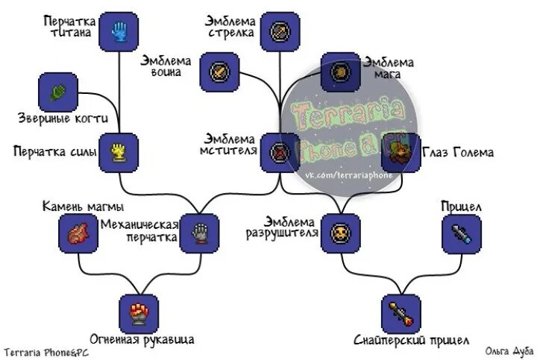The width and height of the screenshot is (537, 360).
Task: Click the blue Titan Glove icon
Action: [x=119, y=31]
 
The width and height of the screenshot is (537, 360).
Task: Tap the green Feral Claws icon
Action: [x=57, y=92]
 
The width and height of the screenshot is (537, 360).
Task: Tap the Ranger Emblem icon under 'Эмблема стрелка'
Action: [x=280, y=31]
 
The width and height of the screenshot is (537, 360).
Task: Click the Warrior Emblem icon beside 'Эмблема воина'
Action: [x=220, y=72]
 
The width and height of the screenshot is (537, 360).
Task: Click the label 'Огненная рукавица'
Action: [x=142, y=340]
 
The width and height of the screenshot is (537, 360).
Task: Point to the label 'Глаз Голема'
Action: [x=458, y=152]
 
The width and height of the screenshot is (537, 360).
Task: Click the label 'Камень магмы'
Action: [x=83, y=206]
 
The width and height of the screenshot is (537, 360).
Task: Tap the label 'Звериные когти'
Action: [x=63, y=118]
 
